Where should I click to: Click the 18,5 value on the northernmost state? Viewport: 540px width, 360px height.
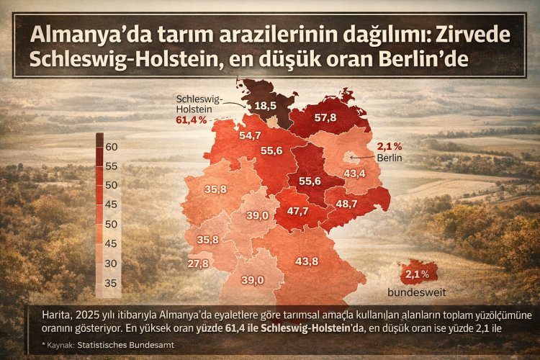[x=266, y=106]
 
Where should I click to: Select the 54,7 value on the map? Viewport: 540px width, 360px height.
[x=249, y=135]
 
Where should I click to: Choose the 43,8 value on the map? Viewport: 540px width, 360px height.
[x=307, y=260]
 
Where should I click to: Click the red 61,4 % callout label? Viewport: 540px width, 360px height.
[x=191, y=119]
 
